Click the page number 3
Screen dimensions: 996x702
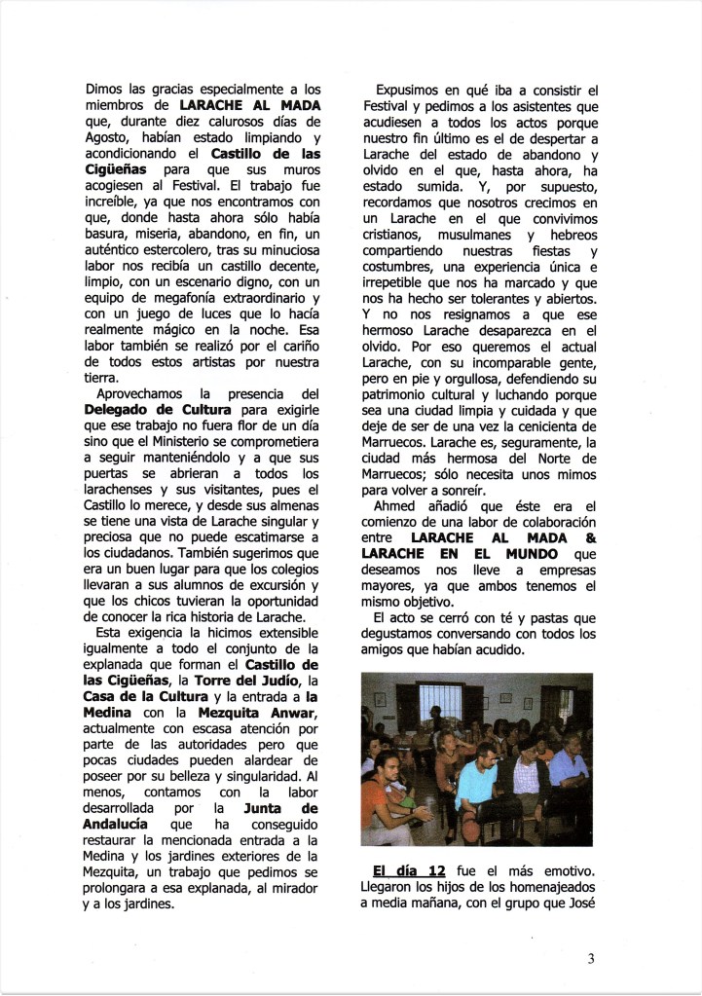click(x=591, y=958)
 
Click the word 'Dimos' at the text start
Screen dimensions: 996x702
click(x=103, y=86)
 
